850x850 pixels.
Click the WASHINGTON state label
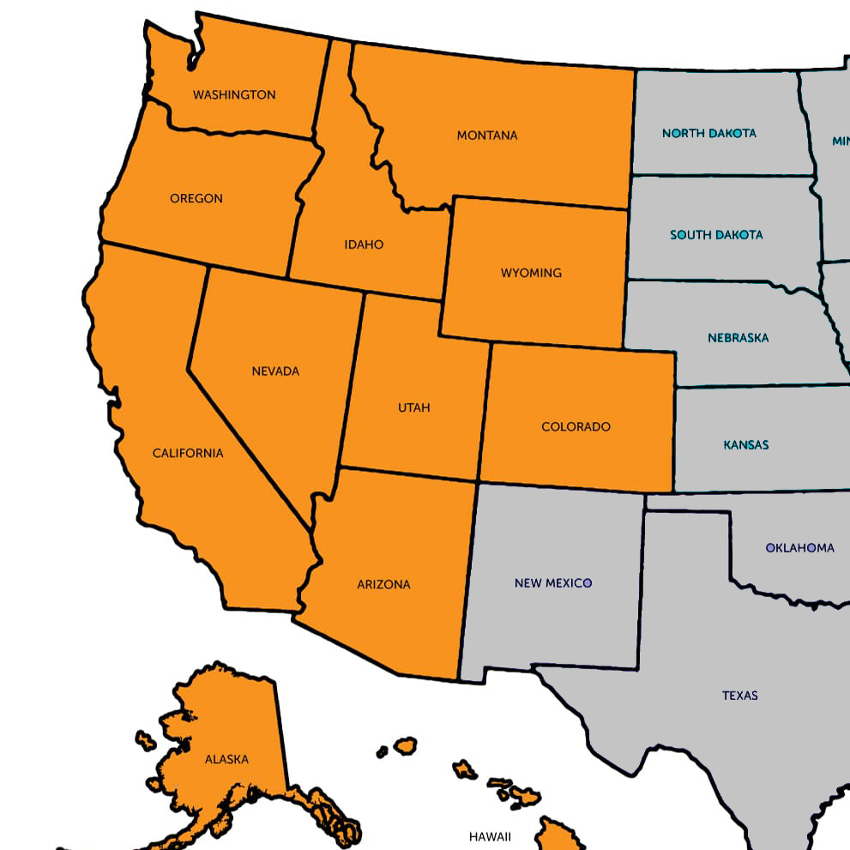pyautogui.click(x=234, y=95)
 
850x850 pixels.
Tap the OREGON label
pyautogui.click(x=196, y=199)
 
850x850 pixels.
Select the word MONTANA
pyautogui.click(x=487, y=136)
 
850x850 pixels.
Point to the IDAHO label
pyautogui.click(x=364, y=245)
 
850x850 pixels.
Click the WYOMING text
pyautogui.click(x=531, y=274)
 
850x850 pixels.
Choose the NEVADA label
pyautogui.click(x=275, y=372)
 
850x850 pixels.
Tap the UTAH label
pyautogui.click(x=414, y=408)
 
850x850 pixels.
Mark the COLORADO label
pyautogui.click(x=576, y=427)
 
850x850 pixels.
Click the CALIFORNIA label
pyautogui.click(x=188, y=454)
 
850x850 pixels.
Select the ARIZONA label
pyautogui.click(x=383, y=585)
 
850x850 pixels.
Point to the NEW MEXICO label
pyautogui.click(x=553, y=583)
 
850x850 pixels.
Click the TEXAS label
pyautogui.click(x=739, y=696)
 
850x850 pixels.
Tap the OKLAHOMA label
pyautogui.click(x=799, y=548)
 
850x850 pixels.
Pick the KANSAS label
pyautogui.click(x=746, y=445)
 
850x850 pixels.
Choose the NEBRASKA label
pyautogui.click(x=738, y=338)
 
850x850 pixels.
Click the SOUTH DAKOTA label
pyautogui.click(x=716, y=235)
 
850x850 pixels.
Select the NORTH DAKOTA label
pyautogui.click(x=709, y=134)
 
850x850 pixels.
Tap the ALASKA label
pyautogui.click(x=226, y=760)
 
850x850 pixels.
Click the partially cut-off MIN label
pyautogui.click(x=841, y=141)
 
